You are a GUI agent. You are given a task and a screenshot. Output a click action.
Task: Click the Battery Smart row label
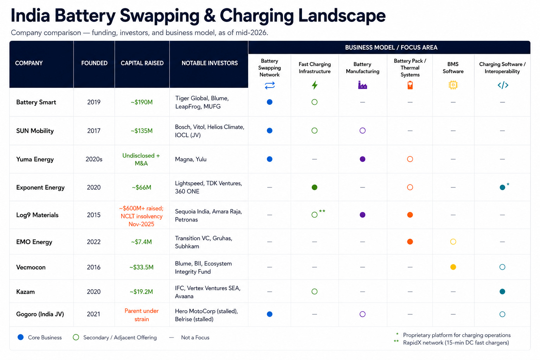pyautogui.click(x=36, y=102)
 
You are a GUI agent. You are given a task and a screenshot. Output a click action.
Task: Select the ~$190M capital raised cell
pyautogui.click(x=142, y=102)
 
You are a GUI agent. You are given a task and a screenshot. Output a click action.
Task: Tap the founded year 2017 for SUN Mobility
pyautogui.click(x=94, y=131)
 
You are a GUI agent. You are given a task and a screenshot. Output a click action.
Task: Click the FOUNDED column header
pyautogui.click(x=94, y=63)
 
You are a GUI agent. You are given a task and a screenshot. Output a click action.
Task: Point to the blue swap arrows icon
pyautogui.click(x=270, y=85)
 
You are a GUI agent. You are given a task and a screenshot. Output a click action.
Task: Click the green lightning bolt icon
pyautogui.click(x=315, y=85)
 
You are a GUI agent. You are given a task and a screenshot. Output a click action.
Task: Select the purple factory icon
pyautogui.click(x=362, y=85)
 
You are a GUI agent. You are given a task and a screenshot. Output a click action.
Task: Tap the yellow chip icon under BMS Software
pyautogui.click(x=453, y=85)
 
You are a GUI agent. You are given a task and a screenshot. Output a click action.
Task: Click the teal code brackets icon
pyautogui.click(x=503, y=85)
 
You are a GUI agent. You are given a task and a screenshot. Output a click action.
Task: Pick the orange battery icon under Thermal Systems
pyautogui.click(x=410, y=85)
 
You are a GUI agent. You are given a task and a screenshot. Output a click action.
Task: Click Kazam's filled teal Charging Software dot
pyautogui.click(x=502, y=291)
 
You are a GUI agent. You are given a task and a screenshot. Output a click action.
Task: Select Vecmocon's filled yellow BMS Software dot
pyautogui.click(x=453, y=267)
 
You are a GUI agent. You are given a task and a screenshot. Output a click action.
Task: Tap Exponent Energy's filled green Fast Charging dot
pyautogui.click(x=314, y=187)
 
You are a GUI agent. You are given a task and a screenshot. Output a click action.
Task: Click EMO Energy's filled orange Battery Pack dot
pyautogui.click(x=410, y=242)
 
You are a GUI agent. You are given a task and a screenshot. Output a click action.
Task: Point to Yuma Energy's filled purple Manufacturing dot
pyautogui.click(x=362, y=159)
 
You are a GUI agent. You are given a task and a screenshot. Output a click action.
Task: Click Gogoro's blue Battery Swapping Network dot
pyautogui.click(x=270, y=314)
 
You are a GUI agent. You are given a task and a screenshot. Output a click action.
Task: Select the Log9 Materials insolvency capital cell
pyautogui.click(x=142, y=216)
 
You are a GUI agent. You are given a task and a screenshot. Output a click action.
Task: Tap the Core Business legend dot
pyautogui.click(x=21, y=337)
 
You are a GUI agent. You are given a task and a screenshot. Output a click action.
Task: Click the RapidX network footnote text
pyautogui.click(x=456, y=343)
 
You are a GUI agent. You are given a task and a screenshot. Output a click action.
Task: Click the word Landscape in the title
pyautogui.click(x=342, y=16)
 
